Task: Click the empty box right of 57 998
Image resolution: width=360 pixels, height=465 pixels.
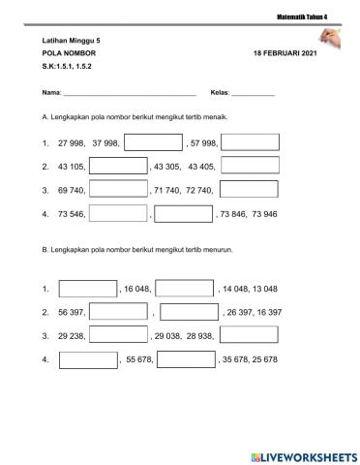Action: pyautogui.click(x=250, y=141)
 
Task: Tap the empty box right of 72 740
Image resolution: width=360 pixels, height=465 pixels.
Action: pyautogui.click(x=250, y=188)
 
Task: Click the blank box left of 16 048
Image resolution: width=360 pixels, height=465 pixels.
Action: pyautogui.click(x=87, y=288)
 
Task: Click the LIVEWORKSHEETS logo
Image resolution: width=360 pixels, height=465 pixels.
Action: pyautogui.click(x=299, y=454)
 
